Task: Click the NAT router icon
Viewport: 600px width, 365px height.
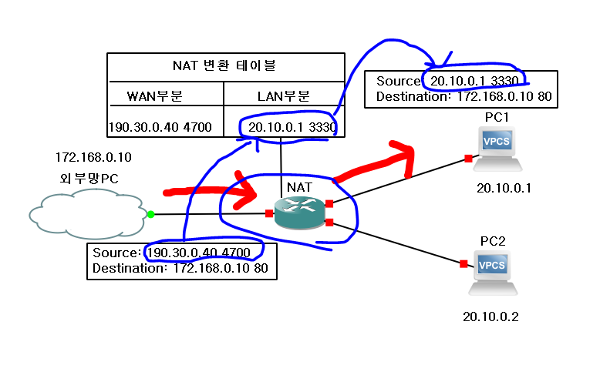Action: coord(299,213)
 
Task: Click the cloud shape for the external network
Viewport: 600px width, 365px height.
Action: coord(86,214)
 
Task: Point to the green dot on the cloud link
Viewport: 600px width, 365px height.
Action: coord(151,213)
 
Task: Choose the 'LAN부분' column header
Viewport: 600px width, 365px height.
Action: coord(283,96)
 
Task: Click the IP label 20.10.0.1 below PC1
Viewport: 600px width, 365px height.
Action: coord(504,187)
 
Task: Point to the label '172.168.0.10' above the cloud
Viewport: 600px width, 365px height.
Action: coord(93,158)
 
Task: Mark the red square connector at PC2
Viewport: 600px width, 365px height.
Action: coord(463,264)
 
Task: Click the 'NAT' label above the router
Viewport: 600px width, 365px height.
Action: coord(299,187)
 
